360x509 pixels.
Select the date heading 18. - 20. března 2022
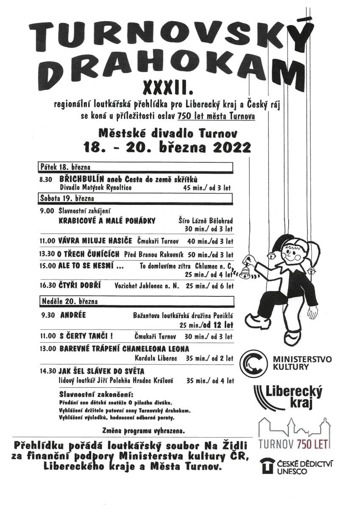(167, 147)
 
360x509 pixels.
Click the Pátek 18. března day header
(66, 167)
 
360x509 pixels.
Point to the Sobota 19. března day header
(68, 198)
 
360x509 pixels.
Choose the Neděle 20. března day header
(70, 302)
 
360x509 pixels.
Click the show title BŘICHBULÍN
(81, 179)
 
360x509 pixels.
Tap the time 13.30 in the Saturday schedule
(47, 255)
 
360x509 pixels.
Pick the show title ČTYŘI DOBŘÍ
(80, 286)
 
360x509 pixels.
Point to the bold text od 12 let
(218, 325)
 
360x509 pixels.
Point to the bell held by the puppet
(246, 269)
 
